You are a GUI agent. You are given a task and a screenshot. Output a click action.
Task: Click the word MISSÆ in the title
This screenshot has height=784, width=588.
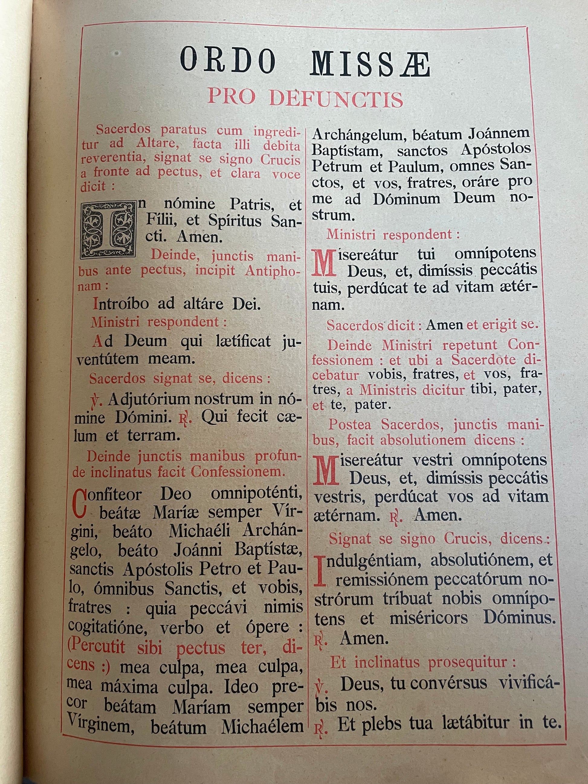point(370,64)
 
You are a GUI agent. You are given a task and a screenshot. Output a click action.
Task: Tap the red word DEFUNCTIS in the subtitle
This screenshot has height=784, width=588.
point(336,99)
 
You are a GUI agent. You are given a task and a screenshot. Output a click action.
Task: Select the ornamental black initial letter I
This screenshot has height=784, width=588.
point(108,229)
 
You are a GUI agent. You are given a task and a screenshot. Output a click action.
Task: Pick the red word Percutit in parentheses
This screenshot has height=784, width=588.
point(96,647)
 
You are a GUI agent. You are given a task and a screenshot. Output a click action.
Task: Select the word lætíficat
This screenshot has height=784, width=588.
point(243,341)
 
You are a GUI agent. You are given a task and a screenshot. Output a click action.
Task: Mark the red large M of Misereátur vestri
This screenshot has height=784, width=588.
point(325,471)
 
